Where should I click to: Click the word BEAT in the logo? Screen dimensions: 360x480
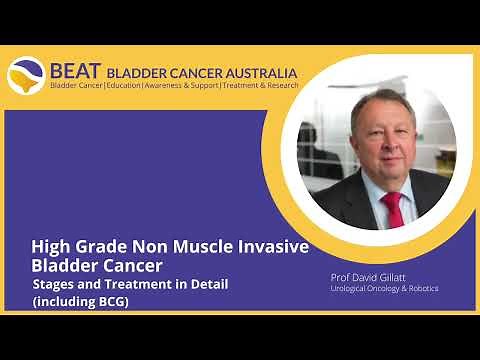(x=74, y=71)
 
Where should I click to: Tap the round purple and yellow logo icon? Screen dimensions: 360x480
(x=25, y=77)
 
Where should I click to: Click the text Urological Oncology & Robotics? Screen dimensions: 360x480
(x=383, y=289)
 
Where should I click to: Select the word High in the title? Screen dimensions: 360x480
(x=50, y=247)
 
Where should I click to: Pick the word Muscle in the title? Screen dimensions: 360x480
(x=203, y=247)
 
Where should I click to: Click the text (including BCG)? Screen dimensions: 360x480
(x=80, y=301)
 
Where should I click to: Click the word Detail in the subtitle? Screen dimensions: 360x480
(x=208, y=284)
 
